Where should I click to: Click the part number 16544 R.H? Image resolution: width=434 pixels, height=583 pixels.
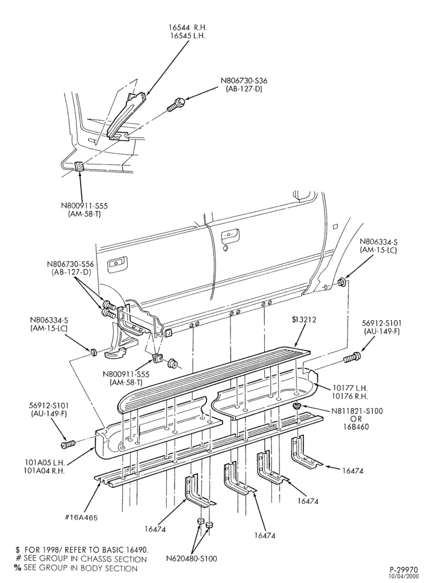coord(187,27)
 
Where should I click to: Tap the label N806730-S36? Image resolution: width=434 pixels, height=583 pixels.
coord(244,80)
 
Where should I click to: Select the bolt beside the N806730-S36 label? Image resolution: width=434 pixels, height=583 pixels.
coord(177,104)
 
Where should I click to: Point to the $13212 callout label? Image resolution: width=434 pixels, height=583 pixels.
coord(304,319)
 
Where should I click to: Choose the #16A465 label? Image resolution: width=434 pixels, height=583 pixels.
coord(80,518)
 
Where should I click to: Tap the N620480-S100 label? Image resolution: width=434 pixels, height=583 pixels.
coord(191,558)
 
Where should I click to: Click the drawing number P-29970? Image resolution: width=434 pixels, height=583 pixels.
coord(404,570)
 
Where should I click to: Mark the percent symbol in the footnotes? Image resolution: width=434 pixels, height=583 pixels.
coord(17,568)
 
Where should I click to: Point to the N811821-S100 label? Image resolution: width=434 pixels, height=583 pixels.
coord(357,411)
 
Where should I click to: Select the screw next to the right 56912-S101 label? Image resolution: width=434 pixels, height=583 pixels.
coord(351,358)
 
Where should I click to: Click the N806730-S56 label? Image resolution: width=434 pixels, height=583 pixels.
coord(70,264)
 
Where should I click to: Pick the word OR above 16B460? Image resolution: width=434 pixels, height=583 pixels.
coord(357,419)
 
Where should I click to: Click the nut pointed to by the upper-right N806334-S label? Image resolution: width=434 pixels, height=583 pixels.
coord(342,282)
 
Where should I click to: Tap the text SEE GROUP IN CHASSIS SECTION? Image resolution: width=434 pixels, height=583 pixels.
coord(85,559)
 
